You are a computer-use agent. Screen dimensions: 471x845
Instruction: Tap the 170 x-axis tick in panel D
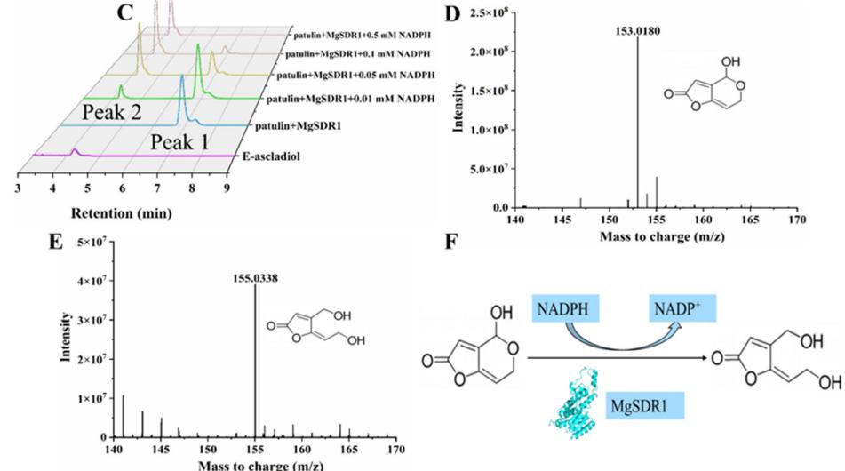797,218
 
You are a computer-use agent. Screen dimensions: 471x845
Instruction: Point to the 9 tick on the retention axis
227,188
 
